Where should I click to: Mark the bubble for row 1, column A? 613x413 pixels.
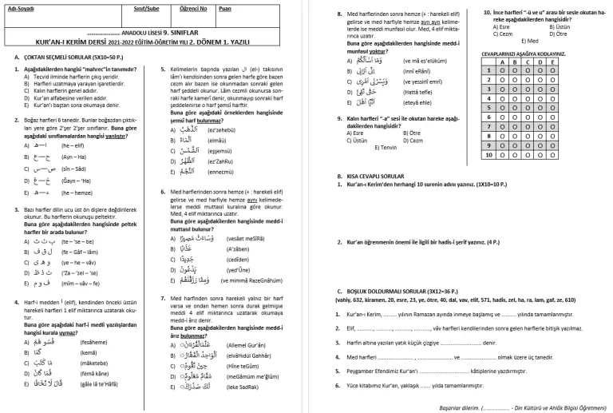click(503, 70)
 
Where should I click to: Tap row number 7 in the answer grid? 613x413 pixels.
click(487, 126)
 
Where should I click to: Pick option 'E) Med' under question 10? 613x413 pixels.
click(530, 40)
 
